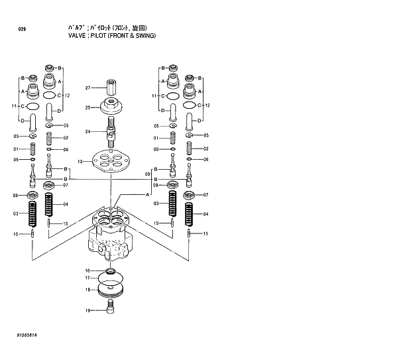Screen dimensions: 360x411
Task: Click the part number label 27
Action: click(x=88, y=88)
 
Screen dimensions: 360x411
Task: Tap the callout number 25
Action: click(x=88, y=107)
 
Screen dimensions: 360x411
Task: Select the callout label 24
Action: click(x=88, y=131)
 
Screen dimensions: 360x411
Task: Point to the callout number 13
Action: click(x=80, y=161)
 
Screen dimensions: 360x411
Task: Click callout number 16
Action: click(x=88, y=270)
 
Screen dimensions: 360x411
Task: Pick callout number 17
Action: click(x=88, y=278)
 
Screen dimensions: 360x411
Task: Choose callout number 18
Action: click(x=88, y=290)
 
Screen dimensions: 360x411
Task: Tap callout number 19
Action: click(x=88, y=310)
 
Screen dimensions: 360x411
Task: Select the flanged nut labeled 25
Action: click(x=111, y=106)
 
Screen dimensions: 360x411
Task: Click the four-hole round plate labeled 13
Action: click(x=111, y=162)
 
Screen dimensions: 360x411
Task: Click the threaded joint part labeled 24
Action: click(x=111, y=130)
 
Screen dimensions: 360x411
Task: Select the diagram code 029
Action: click(x=23, y=30)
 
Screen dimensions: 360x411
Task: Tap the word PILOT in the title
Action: click(x=93, y=35)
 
